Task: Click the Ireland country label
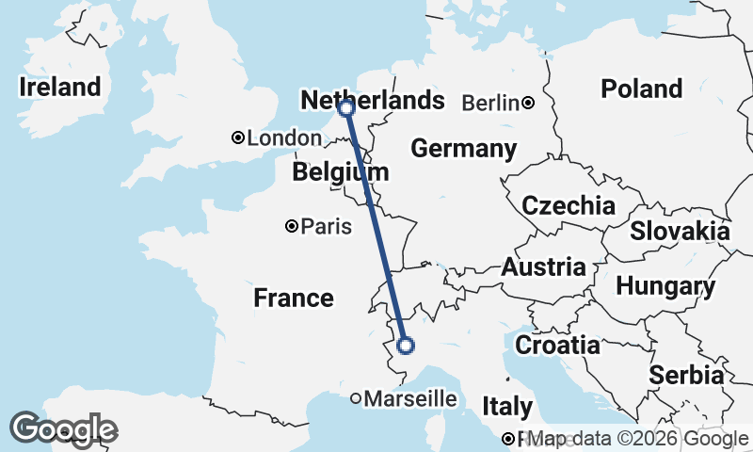(60, 88)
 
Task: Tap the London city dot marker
(239, 138)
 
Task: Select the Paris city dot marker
(292, 226)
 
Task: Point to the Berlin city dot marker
(529, 103)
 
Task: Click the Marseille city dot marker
(356, 399)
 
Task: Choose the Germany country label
(464, 148)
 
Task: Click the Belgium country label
(340, 172)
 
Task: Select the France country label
(294, 299)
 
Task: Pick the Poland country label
(642, 89)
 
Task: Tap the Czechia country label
(569, 205)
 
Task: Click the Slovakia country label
(680, 231)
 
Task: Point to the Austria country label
(543, 267)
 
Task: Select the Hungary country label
(665, 286)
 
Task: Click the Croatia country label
(557, 345)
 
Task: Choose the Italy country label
(507, 407)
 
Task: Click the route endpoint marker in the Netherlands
(346, 109)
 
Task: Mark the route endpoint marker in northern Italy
(406, 346)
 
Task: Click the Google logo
(64, 430)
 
